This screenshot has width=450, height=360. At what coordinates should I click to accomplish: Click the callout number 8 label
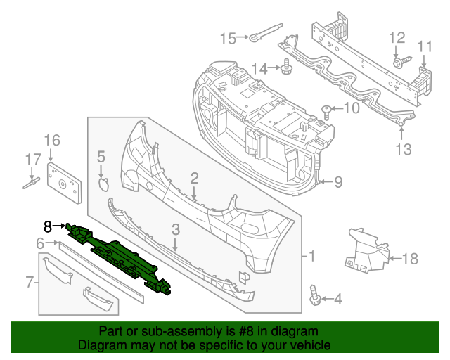[x=47, y=226]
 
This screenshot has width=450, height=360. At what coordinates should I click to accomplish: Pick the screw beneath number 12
[x=397, y=63]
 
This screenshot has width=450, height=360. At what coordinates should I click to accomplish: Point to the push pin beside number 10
[x=326, y=109]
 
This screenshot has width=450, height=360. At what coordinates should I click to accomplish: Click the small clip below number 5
[x=102, y=185]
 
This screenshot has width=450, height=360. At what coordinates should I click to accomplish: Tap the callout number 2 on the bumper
[x=193, y=179]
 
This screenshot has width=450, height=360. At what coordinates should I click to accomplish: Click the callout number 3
[x=176, y=229]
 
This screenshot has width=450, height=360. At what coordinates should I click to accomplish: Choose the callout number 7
[x=30, y=283]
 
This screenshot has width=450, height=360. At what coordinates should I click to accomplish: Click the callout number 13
[x=401, y=148]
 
